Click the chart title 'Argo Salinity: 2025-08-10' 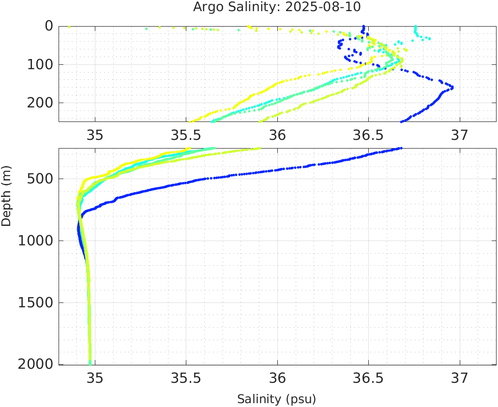point(277,7)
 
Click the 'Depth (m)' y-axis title point(6,195)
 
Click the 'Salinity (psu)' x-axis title point(276,399)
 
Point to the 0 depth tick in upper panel point(49,26)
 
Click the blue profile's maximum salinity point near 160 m point(452,87)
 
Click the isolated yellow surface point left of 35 point(69,27)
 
